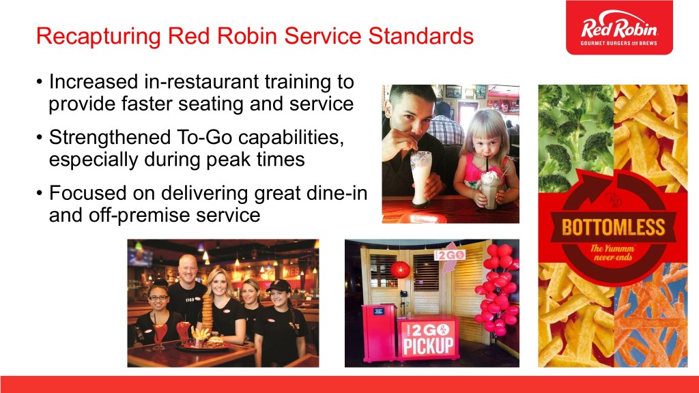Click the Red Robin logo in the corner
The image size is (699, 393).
pos(619,27)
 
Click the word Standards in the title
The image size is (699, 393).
pos(420,36)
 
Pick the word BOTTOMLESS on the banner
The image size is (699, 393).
pos(614,227)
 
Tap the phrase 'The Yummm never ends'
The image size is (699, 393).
pos(612,252)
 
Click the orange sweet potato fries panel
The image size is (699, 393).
pos(651,315)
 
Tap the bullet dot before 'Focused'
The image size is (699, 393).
pos(40,194)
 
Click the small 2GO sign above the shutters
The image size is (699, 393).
pos(450,255)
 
